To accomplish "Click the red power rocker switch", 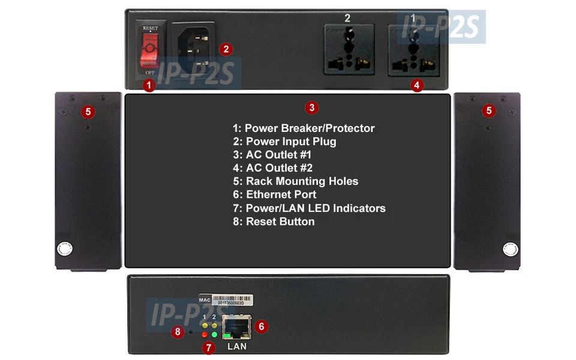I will (x=149, y=50).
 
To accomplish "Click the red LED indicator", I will (x=205, y=334).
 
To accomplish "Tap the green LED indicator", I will (x=214, y=334).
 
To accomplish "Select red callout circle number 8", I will (x=177, y=331).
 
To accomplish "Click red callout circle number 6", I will (x=260, y=326).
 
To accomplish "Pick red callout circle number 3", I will (x=311, y=108).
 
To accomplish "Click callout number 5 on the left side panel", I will (x=88, y=111).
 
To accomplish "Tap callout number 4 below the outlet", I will (x=418, y=85).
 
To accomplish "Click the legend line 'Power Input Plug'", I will (x=284, y=142).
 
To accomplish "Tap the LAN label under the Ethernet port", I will (x=236, y=346).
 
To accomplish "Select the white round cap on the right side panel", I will (x=510, y=249).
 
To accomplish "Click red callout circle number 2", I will (x=225, y=49).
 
